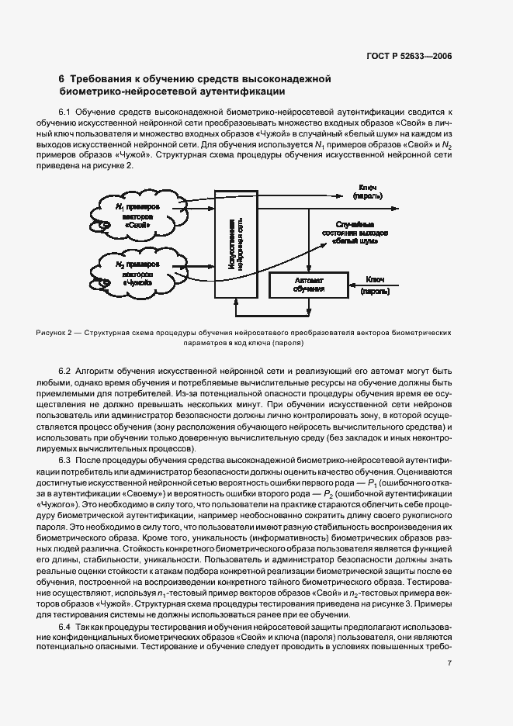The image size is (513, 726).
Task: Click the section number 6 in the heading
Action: tap(62, 79)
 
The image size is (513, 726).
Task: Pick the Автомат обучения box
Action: tap(308, 285)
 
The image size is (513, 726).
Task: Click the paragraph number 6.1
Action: tap(65, 112)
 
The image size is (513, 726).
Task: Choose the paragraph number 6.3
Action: tap(65, 461)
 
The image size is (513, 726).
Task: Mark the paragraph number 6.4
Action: tap(65, 624)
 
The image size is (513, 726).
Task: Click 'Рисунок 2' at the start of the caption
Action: tap(54, 333)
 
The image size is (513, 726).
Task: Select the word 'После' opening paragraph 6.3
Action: tap(89, 461)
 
